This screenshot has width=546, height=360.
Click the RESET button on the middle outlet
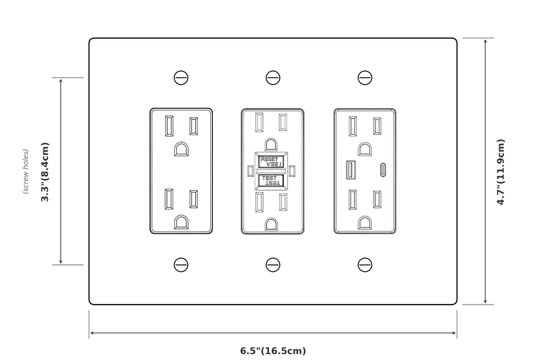[x=271, y=162]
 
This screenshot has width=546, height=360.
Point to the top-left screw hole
[x=181, y=78]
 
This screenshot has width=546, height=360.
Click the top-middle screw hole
[x=273, y=78]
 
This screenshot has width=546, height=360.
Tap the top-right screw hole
[x=365, y=78]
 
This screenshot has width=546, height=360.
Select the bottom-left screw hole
[x=181, y=264]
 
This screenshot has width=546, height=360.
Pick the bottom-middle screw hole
[x=273, y=264]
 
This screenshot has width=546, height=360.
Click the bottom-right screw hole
[x=365, y=264]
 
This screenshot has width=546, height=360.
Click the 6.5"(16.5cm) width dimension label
[x=273, y=350]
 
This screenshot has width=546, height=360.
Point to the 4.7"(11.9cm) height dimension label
[x=500, y=172]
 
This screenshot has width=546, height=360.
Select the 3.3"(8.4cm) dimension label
[x=45, y=172]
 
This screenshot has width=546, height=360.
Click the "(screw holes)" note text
[x=26, y=172]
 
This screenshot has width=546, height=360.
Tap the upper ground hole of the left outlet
[x=182, y=149]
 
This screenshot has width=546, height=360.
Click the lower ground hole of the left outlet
[x=182, y=221]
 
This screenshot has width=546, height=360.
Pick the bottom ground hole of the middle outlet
[x=271, y=223]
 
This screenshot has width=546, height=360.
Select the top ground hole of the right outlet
[x=365, y=148]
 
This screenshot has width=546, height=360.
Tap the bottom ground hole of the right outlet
[x=365, y=223]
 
